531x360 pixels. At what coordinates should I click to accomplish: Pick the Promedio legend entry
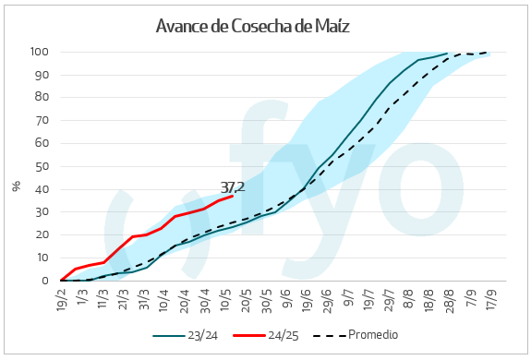[361, 334]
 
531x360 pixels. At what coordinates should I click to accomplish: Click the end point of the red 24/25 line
[232, 196]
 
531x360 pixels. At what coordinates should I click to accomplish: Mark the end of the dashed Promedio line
[489, 53]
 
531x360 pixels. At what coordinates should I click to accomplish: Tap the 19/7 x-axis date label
[368, 298]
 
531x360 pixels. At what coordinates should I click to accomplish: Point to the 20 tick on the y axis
[42, 234]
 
